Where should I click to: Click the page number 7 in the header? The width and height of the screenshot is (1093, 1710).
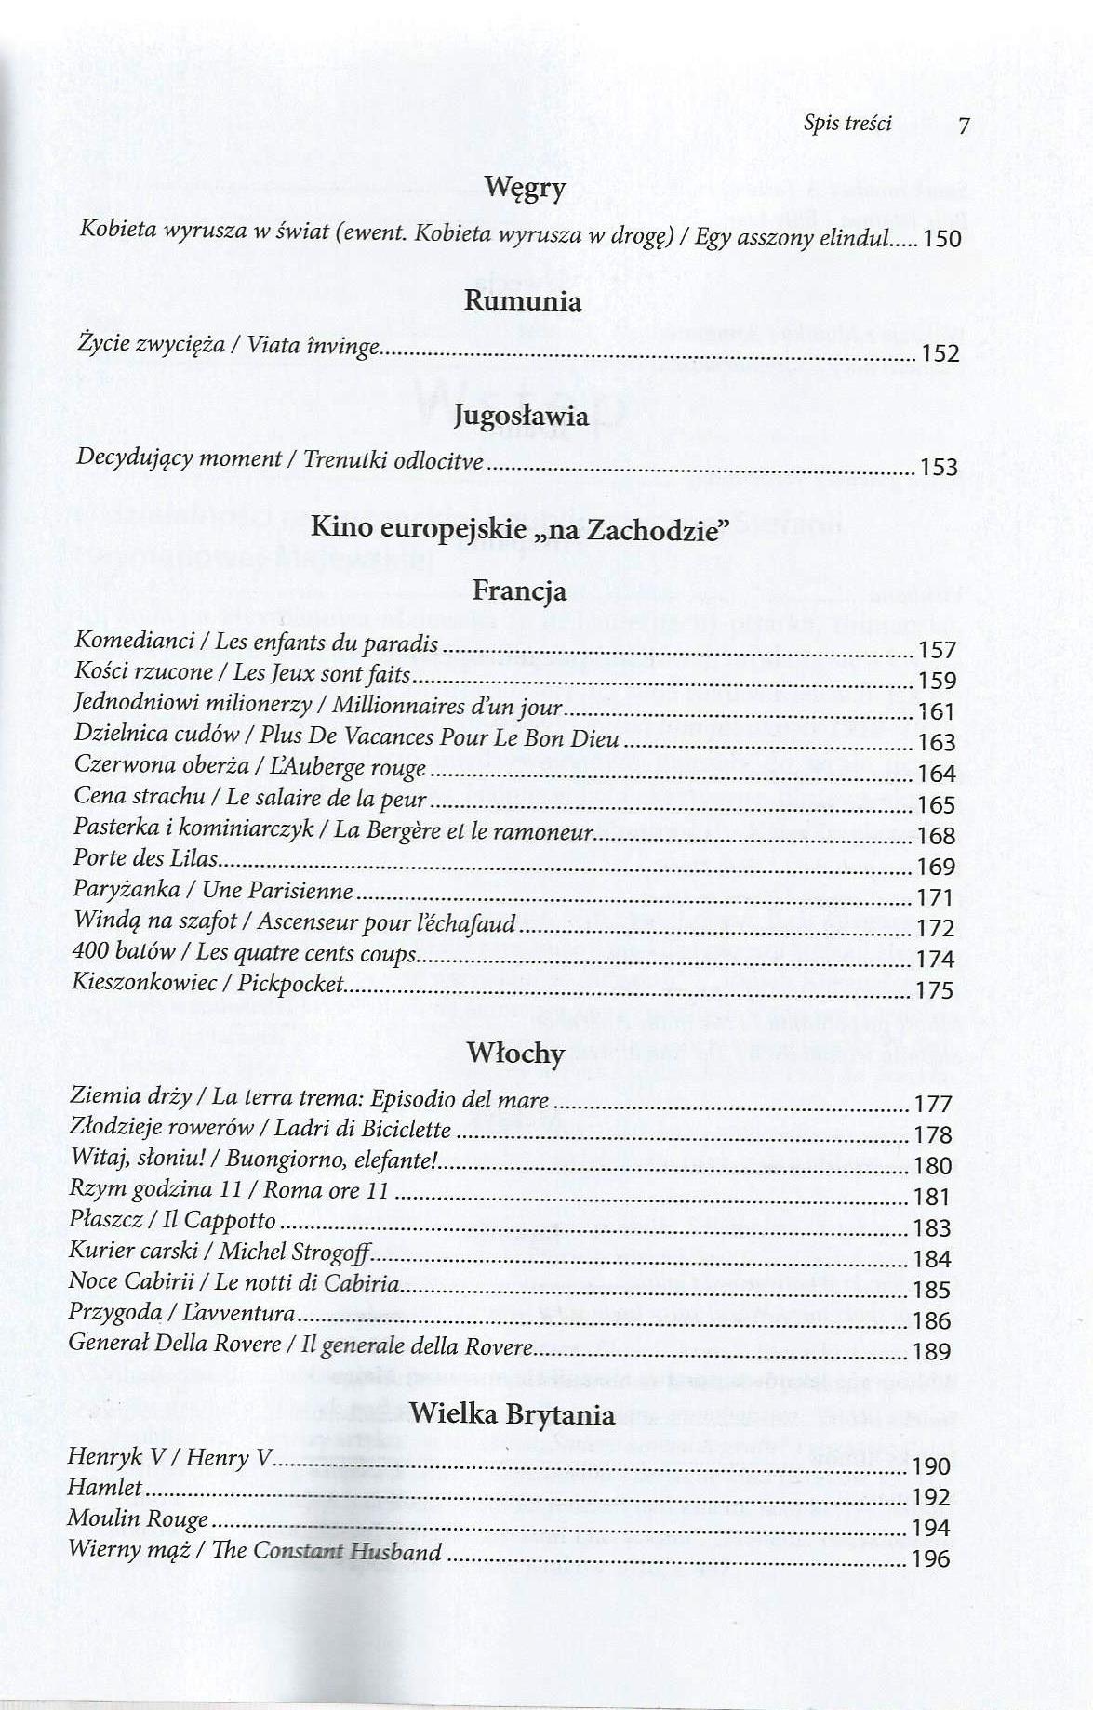964,126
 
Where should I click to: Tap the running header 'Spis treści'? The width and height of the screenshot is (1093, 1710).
846,124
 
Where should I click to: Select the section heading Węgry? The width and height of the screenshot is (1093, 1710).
525,190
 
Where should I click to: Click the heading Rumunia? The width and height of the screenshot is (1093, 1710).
522,301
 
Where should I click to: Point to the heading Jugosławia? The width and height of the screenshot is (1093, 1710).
521,416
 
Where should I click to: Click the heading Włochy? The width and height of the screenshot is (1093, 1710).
516,1054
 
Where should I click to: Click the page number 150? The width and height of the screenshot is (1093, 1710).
940,240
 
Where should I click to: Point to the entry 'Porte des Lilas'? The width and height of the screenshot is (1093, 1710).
145,859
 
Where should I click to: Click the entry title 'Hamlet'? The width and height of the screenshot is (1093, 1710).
105,1488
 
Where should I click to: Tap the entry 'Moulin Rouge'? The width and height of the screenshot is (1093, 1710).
138,1519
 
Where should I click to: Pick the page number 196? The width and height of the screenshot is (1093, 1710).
931,1559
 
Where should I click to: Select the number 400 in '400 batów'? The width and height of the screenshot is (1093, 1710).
90,953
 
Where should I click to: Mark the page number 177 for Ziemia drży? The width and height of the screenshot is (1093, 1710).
933,1105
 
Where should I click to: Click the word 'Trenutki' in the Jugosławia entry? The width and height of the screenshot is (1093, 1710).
345,460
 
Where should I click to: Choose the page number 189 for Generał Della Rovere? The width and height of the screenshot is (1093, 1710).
932,1352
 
